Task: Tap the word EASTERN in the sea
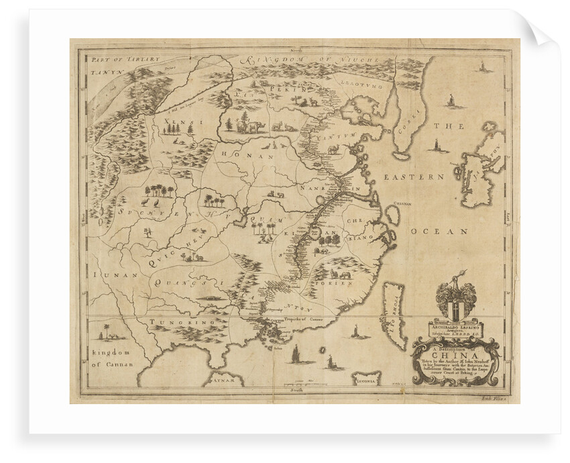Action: [414, 176]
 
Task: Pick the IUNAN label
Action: [106, 275]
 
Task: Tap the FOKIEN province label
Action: [339, 284]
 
